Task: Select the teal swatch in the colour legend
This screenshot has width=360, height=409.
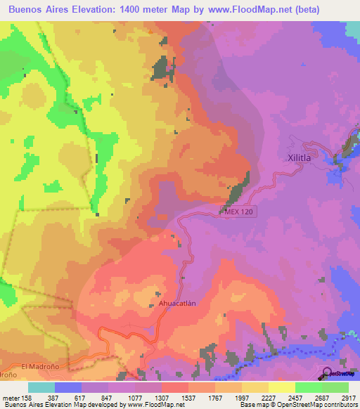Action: click(x=41, y=387)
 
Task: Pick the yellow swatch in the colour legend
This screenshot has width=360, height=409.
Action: click(x=282, y=387)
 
